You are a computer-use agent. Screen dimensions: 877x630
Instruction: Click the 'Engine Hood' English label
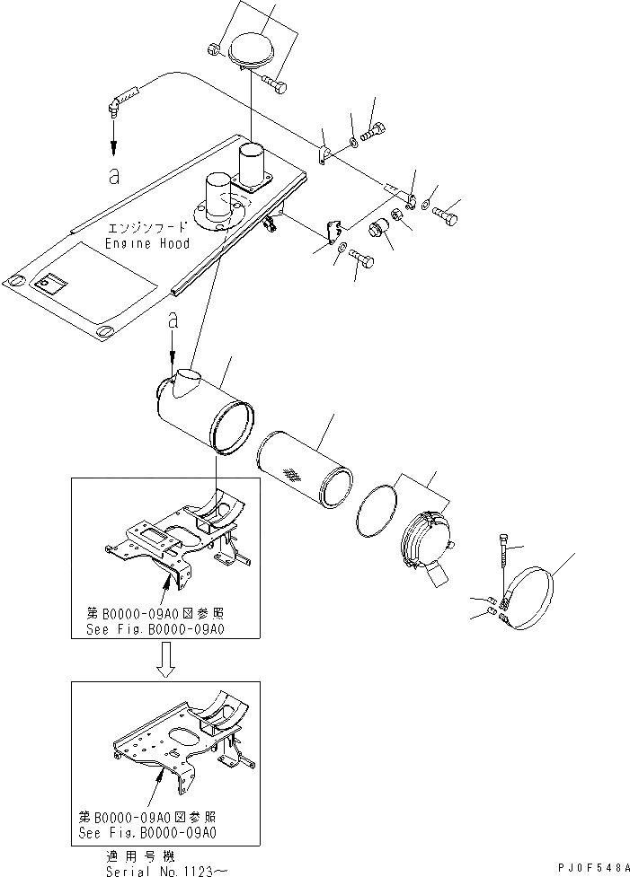[147, 243]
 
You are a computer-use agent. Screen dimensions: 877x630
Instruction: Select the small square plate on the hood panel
[48, 285]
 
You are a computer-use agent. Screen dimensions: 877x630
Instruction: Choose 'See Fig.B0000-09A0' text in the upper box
[150, 628]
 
